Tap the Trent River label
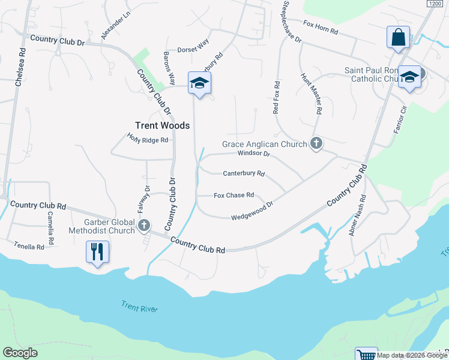coord(139,308)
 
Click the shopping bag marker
coord(398,37)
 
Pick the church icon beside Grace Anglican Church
coord(316,144)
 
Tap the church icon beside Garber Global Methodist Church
coord(143,226)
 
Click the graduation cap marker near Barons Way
coord(199,83)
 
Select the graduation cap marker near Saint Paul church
coord(409,77)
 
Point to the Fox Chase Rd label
coord(234,195)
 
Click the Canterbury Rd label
coord(244,173)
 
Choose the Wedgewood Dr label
coord(252,211)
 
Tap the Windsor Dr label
coord(254,154)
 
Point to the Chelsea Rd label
coord(21,65)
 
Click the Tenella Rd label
coord(29,247)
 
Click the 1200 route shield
coord(435,4)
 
